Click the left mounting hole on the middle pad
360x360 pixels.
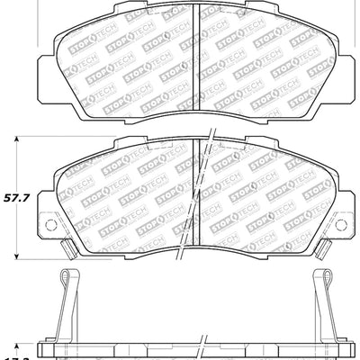click(x=50, y=225)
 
